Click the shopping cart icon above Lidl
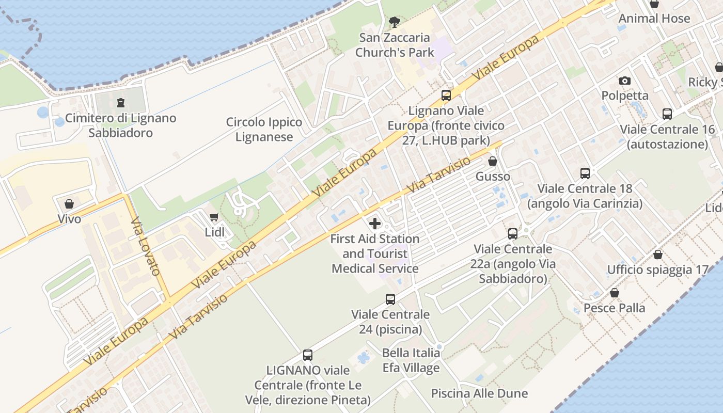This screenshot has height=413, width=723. click(214, 217)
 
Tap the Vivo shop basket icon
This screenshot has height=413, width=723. click(69, 204)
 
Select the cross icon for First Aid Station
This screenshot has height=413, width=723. click(375, 224)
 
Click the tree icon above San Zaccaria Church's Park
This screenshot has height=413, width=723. click(395, 22)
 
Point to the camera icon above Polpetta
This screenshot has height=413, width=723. click(625, 81)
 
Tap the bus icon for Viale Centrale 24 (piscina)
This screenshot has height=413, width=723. click(390, 299)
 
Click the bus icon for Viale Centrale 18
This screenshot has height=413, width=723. click(585, 173)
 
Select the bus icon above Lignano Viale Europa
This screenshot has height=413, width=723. click(446, 96)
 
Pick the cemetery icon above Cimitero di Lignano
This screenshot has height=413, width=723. click(121, 103)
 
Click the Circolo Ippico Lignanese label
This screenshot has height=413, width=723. click(264, 130)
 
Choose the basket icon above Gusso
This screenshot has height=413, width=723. click(493, 162)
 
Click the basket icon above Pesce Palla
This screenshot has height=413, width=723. click(615, 293)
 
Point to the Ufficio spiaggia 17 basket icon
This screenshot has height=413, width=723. click(658, 255)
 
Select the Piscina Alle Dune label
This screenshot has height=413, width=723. click(480, 393)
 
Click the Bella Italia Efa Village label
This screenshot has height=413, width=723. click(411, 360)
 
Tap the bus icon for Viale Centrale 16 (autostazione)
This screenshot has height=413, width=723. click(667, 114)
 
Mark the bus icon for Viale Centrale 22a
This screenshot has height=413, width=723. click(513, 234)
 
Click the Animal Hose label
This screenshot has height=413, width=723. click(654, 19)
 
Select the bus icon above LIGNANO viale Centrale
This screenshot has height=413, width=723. click(308, 355)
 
